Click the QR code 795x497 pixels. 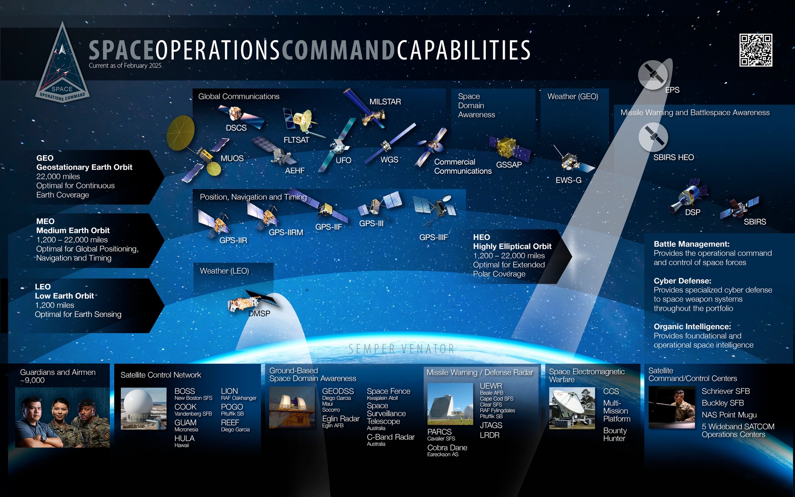pos(756,50)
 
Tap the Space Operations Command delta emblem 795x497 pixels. pos(62,66)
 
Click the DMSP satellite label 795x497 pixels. pos(259,314)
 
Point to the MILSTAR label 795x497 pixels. pos(385,102)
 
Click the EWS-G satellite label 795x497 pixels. pos(568,180)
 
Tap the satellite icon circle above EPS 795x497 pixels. pos(653,74)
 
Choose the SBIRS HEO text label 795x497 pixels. pos(673,157)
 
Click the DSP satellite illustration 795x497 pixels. pos(686,195)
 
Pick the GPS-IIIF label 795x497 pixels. pos(433,237)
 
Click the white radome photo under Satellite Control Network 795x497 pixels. pos(143,409)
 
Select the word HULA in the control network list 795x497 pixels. pos(184,438)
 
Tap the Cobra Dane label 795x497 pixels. pos(447,448)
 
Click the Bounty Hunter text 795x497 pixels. pos(615,435)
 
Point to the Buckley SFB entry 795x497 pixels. pos(723,403)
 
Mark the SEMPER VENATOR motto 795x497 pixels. pos(401,349)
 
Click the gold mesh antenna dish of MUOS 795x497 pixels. pos(181,133)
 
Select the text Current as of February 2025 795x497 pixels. pos(125,66)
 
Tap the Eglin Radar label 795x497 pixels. pos(341,419)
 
